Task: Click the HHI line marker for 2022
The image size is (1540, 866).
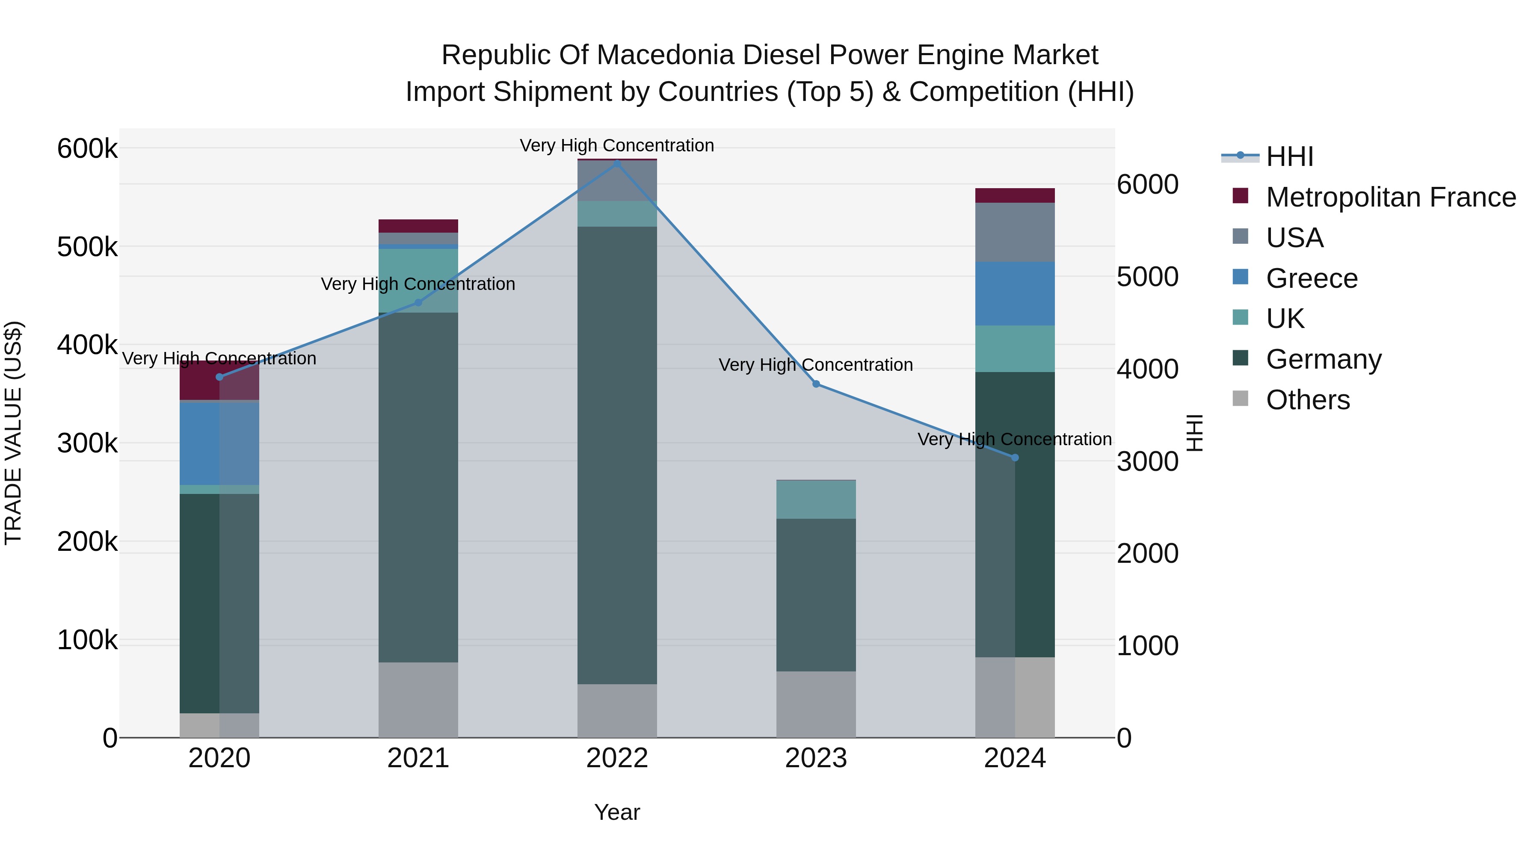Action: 617,162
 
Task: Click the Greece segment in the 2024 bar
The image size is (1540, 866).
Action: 1015,293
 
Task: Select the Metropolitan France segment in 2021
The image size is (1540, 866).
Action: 418,226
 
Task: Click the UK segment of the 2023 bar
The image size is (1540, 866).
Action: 816,500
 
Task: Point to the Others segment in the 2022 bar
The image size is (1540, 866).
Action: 617,711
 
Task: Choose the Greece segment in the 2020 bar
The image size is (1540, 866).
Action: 219,443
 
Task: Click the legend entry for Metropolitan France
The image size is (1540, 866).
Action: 1391,197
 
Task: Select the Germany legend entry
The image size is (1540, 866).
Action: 1324,359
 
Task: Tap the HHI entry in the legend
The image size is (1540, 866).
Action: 1289,157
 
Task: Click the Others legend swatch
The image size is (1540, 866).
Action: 1241,399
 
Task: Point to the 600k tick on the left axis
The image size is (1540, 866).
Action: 87,148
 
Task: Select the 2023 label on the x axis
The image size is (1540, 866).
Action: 816,758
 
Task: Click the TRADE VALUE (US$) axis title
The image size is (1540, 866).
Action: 14,433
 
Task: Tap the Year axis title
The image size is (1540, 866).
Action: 617,812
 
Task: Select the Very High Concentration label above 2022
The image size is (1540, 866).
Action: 617,145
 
